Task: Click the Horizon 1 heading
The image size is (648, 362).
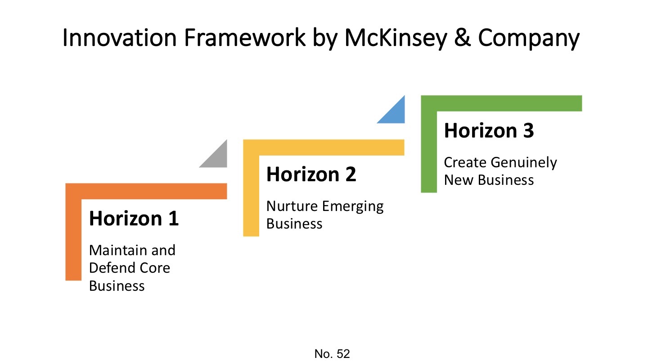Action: (x=134, y=218)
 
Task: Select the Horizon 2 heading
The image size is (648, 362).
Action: (x=311, y=174)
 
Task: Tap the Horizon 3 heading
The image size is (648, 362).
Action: (x=489, y=131)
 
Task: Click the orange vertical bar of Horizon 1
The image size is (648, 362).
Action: (x=73, y=239)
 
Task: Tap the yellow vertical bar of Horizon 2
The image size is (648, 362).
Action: (x=251, y=194)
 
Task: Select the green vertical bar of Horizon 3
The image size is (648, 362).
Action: (x=429, y=151)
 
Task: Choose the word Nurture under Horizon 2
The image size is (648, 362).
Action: (x=292, y=206)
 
